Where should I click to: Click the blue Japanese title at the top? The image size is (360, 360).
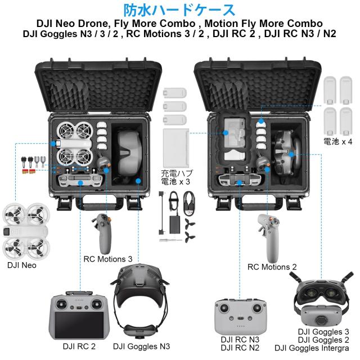[179, 10]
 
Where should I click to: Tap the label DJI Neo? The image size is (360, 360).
[22, 265]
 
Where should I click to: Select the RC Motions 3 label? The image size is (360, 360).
[108, 259]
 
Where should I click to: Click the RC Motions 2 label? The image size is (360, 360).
[272, 266]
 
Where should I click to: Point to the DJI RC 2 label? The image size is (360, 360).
[79, 346]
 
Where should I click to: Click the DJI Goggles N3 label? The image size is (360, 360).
[141, 346]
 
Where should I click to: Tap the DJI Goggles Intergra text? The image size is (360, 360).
[315, 349]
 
